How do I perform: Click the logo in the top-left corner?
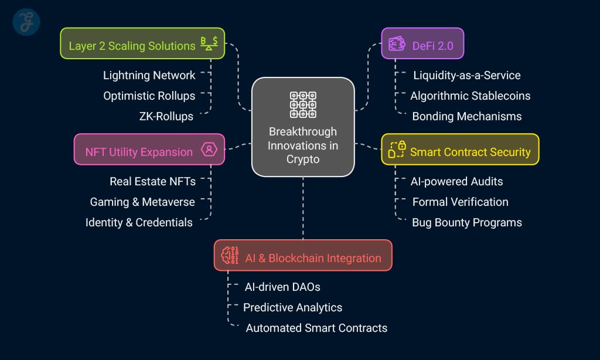(x=26, y=22)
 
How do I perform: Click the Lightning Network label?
(x=149, y=75)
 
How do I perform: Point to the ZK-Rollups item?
(x=166, y=116)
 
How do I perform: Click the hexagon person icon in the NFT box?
(x=209, y=150)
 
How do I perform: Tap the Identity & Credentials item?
(x=139, y=222)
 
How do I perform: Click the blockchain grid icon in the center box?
(x=303, y=104)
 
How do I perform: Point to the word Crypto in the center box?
(x=303, y=159)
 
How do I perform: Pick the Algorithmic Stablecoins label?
(x=470, y=96)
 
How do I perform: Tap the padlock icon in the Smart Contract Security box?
(x=397, y=150)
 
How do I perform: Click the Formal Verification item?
(x=460, y=202)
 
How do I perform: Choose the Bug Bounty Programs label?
(x=466, y=222)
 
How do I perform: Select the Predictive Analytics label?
(x=292, y=307)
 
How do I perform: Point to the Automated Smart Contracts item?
(x=316, y=328)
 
